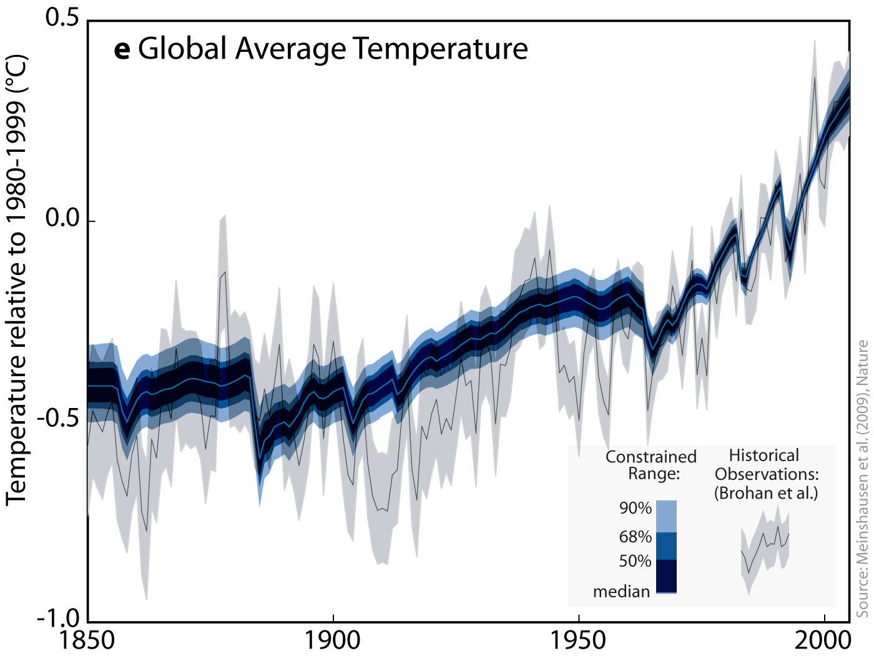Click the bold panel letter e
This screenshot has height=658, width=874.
pos(122,49)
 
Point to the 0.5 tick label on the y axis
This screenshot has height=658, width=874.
pos(62,17)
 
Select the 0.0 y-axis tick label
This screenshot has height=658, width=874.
pos(62,218)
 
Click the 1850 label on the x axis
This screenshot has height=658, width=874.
pos(87,641)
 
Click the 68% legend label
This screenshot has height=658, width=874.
pos(635,537)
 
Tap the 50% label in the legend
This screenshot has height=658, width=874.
pos(635,561)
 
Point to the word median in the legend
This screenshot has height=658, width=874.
pos(621,591)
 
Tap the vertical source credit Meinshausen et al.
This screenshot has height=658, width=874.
pos(862,479)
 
